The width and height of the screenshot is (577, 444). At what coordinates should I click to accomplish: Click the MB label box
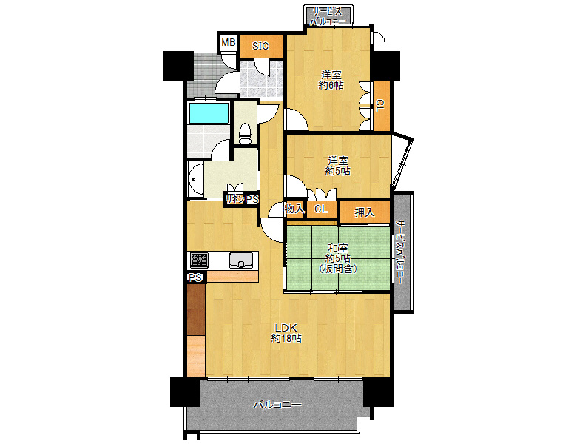(228, 43)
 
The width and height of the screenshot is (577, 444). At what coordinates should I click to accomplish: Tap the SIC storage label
(260, 46)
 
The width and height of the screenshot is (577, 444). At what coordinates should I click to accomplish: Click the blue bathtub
(209, 113)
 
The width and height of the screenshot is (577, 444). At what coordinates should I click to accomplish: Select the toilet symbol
(245, 133)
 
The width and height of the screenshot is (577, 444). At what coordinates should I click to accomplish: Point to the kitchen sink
(241, 260)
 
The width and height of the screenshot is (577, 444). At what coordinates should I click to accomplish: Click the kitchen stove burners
(199, 260)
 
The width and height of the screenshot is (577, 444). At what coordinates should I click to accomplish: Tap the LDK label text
(286, 328)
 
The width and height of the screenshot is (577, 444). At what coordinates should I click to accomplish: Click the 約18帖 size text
(287, 338)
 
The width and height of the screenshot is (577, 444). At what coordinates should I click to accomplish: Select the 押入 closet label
(364, 212)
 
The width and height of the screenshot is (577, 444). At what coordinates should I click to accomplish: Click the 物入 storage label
(294, 209)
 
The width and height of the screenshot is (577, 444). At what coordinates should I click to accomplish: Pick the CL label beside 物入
(321, 209)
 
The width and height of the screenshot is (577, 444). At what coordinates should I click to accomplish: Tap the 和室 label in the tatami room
(338, 248)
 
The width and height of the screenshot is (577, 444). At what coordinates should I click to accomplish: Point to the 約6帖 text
(331, 85)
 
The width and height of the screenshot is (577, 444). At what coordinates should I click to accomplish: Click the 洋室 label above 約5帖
(338, 161)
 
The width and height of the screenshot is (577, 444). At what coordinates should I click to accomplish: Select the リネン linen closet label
(235, 200)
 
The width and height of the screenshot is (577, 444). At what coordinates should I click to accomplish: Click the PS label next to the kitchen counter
(195, 277)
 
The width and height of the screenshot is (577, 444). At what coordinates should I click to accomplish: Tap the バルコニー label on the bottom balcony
(277, 405)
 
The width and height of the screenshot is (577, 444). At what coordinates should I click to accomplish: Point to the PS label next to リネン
(252, 200)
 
